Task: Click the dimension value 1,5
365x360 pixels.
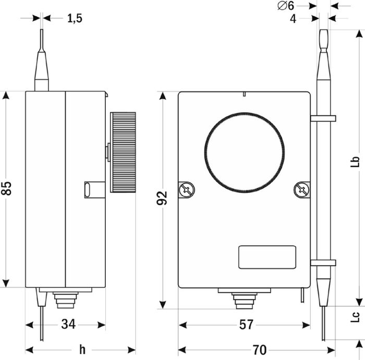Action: [x=75, y=18]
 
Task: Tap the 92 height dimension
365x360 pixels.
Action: [x=162, y=198]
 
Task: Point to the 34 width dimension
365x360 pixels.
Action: [x=68, y=325]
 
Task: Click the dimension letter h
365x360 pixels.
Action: [x=82, y=349]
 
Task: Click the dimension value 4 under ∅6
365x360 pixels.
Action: [x=293, y=19]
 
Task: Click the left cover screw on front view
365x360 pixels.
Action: [x=185, y=189]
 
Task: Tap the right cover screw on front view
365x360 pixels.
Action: [x=302, y=189]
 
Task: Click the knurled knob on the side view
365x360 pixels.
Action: [x=123, y=152]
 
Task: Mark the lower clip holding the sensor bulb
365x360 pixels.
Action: [x=323, y=262]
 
